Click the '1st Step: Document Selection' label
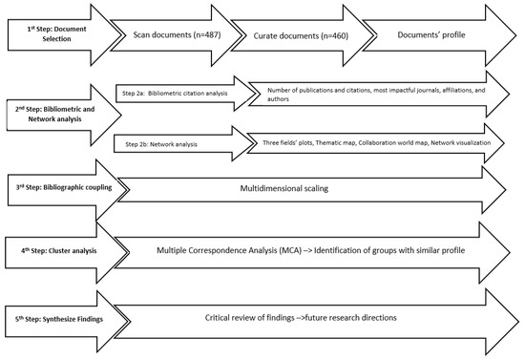tap(56, 33)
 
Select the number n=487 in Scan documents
tap(207, 34)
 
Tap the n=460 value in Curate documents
tap(334, 35)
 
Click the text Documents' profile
tap(431, 34)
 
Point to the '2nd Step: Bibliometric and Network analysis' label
tap(54, 114)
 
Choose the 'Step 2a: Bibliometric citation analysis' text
tap(175, 93)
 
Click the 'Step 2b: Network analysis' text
tap(161, 144)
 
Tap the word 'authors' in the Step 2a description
tap(278, 99)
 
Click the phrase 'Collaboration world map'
tap(393, 142)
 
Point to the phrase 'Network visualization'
tap(461, 142)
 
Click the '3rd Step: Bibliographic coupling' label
tap(64, 187)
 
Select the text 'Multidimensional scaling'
tap(283, 188)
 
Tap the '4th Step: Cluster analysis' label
tap(58, 250)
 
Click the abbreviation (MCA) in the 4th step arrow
tap(291, 250)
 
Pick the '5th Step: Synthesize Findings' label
tap(58, 319)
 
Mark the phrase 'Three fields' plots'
tap(287, 142)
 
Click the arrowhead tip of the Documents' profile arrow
tap(516, 35)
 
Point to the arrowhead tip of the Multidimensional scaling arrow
tap(505, 189)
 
